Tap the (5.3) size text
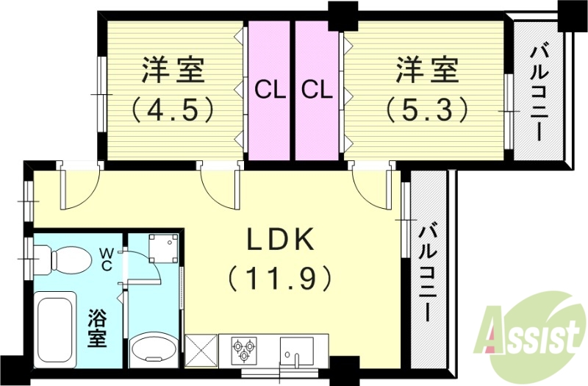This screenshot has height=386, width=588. pos(427,110)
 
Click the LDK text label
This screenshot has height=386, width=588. pos(280,240)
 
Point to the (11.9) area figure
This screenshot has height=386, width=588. pos(280,279)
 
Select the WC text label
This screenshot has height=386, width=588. pos(107,259)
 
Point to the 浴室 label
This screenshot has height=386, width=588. pos(98,330)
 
